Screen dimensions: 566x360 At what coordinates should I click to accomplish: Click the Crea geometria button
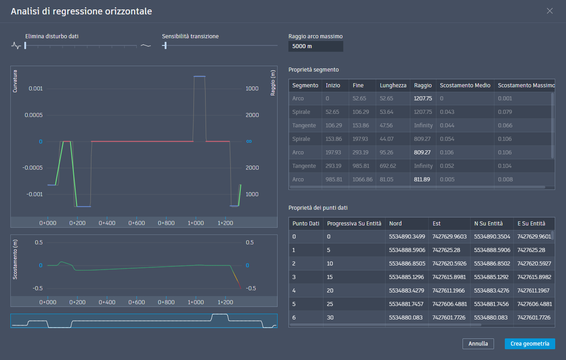click(x=530, y=343)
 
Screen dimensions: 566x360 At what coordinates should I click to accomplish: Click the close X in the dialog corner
click(x=549, y=11)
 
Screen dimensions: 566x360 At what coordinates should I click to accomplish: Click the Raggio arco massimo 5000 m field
click(x=315, y=46)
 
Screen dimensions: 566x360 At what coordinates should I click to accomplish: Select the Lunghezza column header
click(x=393, y=85)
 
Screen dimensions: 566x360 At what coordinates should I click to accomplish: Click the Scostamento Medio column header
click(x=465, y=85)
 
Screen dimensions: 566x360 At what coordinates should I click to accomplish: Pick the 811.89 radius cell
click(x=422, y=179)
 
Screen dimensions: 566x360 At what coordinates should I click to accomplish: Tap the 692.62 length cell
click(x=388, y=166)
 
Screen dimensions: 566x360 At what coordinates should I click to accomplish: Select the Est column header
click(x=436, y=224)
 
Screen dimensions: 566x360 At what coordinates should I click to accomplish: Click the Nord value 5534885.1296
click(x=406, y=277)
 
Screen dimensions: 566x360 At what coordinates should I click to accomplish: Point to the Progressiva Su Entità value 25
click(x=330, y=304)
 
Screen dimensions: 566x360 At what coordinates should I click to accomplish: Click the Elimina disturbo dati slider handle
click(x=25, y=45)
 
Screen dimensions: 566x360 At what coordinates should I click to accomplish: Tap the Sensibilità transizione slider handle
click(x=165, y=45)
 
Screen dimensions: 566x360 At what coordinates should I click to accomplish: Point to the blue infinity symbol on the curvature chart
click(x=249, y=141)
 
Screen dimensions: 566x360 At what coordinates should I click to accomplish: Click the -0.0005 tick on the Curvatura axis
click(x=32, y=167)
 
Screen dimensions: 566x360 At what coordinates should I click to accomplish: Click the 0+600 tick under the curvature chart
click(x=136, y=223)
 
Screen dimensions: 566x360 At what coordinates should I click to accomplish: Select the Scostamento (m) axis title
click(x=15, y=259)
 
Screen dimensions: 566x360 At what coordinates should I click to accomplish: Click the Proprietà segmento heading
click(x=314, y=69)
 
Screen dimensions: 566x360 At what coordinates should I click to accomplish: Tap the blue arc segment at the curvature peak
click(x=199, y=76)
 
